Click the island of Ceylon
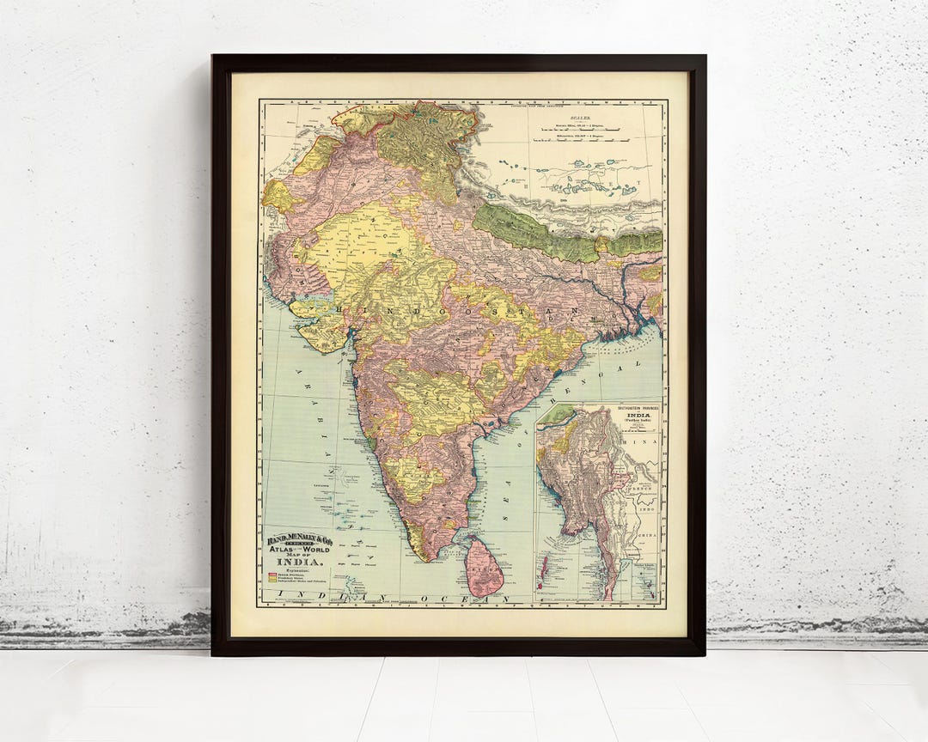[485, 569]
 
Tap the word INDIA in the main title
[296, 563]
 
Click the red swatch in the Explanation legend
[272, 574]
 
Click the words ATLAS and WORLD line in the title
[296, 549]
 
